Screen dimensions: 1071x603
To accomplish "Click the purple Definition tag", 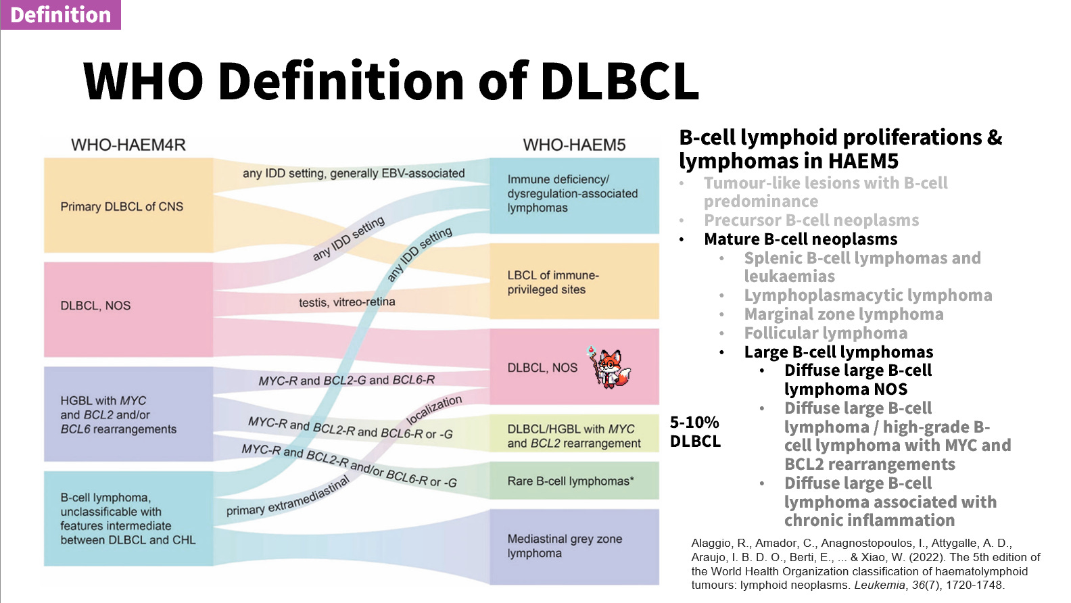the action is [x=61, y=15].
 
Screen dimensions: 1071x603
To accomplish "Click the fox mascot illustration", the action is [x=609, y=367].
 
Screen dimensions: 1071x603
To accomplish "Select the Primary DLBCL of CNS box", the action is [x=128, y=205].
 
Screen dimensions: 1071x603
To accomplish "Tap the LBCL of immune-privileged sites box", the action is [x=574, y=281].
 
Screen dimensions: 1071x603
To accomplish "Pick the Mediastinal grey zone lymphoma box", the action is [x=574, y=547].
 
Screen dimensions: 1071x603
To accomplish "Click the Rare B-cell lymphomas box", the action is [x=574, y=481].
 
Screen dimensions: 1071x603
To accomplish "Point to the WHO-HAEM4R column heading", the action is [x=128, y=145].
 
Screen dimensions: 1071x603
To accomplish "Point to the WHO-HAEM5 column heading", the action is [x=574, y=145].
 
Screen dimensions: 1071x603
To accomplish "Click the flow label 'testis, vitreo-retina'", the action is [x=347, y=301].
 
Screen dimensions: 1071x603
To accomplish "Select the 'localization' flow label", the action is [x=433, y=410].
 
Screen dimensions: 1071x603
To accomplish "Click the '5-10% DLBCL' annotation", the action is [x=695, y=431].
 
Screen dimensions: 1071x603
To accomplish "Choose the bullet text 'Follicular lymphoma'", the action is [x=826, y=333].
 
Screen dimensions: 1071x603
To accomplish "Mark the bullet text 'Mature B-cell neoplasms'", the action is [x=801, y=239].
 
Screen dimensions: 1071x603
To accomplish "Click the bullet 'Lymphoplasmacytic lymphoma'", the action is [x=867, y=295].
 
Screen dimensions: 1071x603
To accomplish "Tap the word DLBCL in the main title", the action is [x=619, y=80].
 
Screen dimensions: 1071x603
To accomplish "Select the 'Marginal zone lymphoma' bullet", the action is [x=844, y=314].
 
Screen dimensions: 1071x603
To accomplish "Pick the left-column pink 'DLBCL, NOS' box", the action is [x=128, y=310].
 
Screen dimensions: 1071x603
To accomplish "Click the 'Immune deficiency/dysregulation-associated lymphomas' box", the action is [x=574, y=195].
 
